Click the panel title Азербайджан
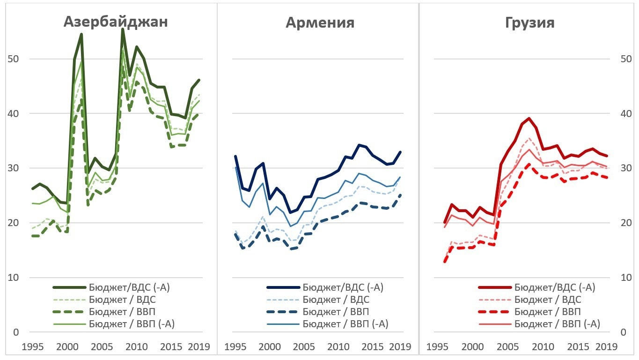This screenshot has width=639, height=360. click(115, 22)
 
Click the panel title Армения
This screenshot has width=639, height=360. click(320, 22)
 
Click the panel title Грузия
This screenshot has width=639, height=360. click(529, 23)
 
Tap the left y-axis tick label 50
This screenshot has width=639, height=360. click(14, 59)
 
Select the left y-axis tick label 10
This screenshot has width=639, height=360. click(14, 278)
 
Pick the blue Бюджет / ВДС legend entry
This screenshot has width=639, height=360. click(336, 300)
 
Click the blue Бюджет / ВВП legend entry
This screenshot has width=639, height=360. click(336, 312)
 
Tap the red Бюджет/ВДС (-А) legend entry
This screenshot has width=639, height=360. click(555, 287)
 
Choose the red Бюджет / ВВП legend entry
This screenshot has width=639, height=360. click(548, 312)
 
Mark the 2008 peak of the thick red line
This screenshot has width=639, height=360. click(529, 118)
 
